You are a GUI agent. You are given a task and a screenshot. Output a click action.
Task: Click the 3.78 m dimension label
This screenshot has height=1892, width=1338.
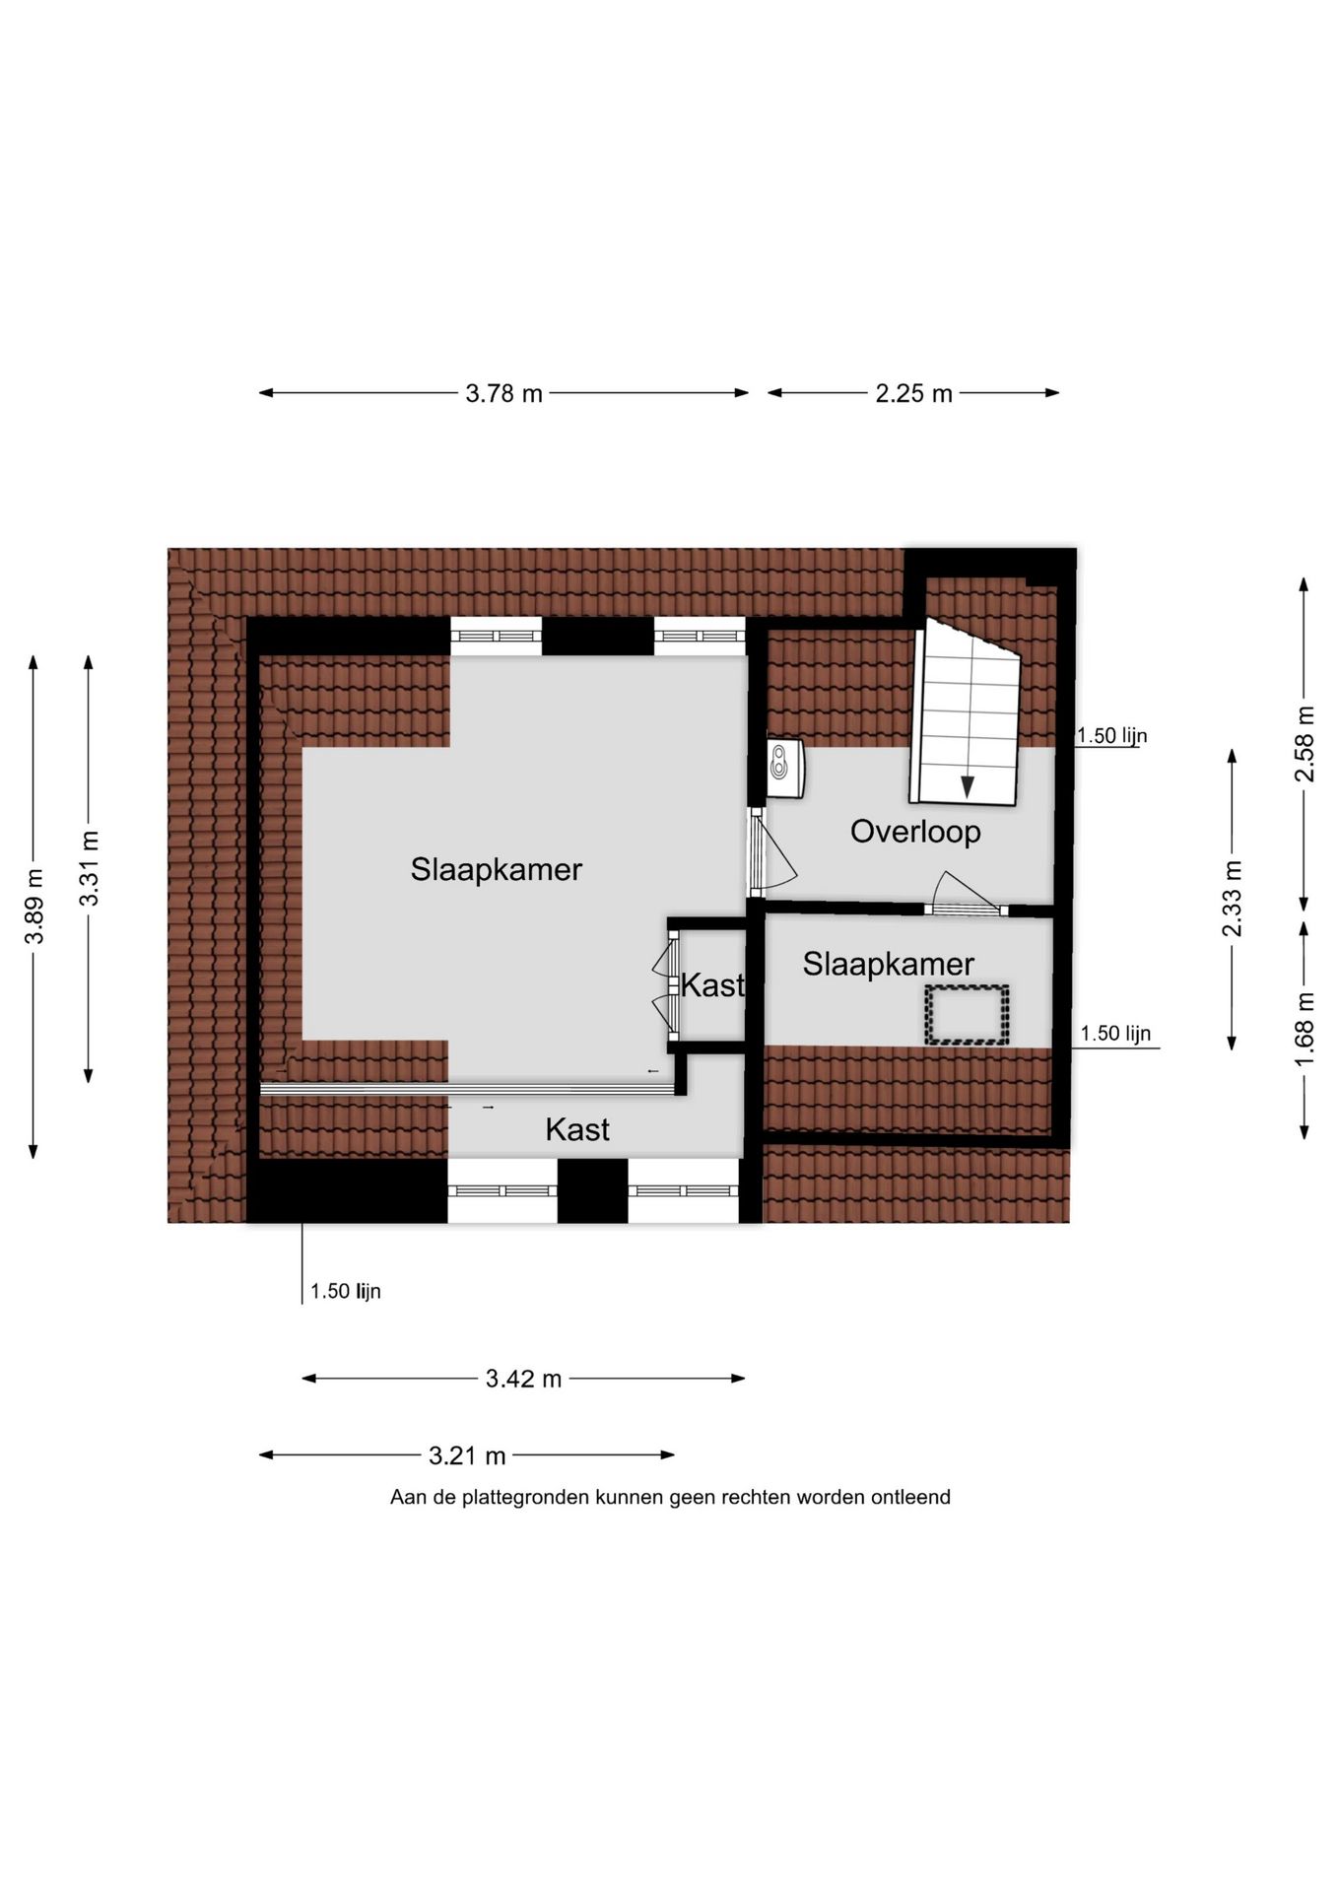503,393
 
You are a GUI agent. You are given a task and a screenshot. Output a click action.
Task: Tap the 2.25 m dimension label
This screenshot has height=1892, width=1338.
913,393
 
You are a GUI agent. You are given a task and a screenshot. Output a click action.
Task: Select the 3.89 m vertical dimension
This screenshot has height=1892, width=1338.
34,906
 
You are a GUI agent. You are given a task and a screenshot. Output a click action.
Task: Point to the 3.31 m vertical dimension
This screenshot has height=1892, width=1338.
90,868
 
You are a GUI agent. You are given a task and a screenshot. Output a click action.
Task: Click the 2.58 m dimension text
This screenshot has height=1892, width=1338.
1305,744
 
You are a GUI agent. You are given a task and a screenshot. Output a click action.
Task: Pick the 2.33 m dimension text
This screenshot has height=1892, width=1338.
1232,899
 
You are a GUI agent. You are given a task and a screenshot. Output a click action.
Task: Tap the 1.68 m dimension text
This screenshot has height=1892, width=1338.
1305,1029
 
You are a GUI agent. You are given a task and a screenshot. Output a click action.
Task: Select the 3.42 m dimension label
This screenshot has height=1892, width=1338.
523,1379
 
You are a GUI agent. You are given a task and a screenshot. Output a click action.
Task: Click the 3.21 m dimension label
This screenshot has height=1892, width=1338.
467,1454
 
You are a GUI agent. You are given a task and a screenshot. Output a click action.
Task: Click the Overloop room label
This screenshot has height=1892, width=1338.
915,831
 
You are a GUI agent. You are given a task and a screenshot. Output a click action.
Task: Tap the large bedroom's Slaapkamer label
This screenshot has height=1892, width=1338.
497,869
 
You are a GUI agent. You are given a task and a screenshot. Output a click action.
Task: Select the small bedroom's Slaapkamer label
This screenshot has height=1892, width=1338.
888,963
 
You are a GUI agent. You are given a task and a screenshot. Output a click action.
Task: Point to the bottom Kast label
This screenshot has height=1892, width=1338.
577,1129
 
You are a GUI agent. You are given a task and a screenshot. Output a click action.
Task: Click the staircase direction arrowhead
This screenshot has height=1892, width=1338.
968,786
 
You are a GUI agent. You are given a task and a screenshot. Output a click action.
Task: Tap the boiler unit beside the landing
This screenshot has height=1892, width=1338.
786,769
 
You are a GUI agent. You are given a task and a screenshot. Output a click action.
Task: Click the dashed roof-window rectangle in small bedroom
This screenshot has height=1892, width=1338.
967,1014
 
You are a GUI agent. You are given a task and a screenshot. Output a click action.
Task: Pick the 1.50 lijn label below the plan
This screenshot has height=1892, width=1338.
346,1291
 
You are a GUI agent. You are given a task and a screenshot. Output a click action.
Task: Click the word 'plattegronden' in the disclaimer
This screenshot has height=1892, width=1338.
527,1497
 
